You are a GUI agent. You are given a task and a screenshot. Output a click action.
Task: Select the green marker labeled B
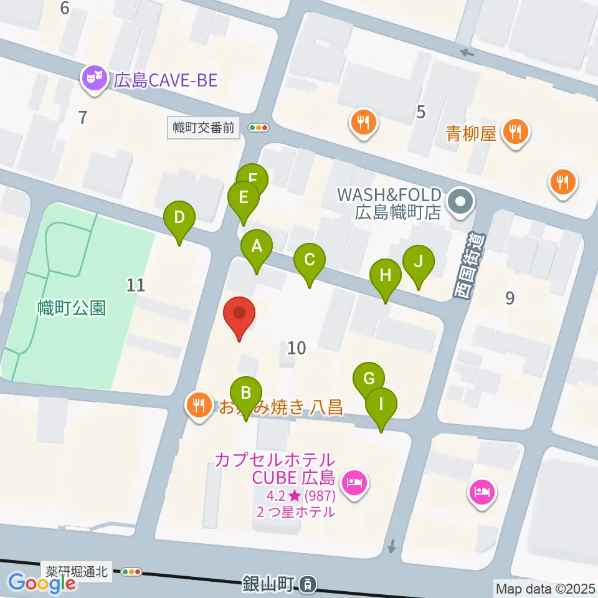246,394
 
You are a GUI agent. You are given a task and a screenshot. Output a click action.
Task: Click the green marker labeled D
179,219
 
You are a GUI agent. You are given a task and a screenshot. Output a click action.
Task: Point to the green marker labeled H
386,275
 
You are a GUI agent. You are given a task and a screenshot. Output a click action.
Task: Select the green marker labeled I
381,404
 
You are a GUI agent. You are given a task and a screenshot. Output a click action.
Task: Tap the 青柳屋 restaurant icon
515,132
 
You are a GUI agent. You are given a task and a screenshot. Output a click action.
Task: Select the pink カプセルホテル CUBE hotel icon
355,482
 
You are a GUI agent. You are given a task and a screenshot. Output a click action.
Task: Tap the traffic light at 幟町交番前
258,128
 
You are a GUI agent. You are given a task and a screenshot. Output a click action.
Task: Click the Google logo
42,583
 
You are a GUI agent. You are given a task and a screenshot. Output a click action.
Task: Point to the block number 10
297,348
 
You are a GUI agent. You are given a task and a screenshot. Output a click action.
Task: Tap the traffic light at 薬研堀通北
133,571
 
